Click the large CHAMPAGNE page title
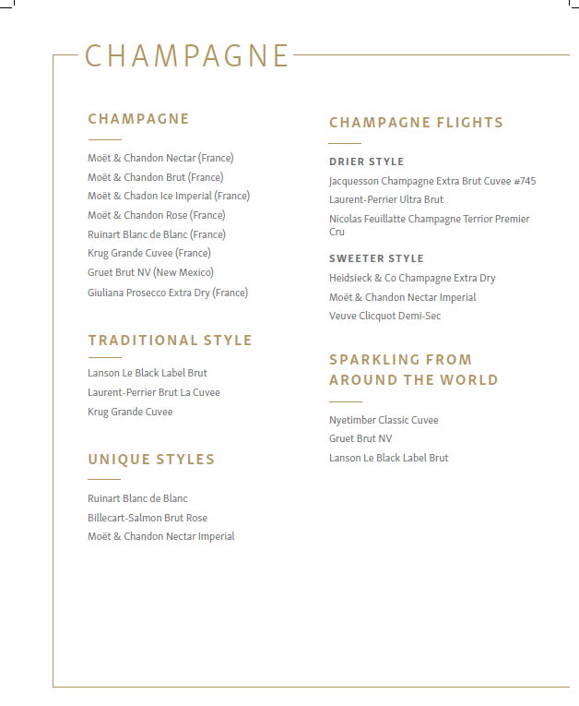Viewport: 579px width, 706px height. click(x=187, y=55)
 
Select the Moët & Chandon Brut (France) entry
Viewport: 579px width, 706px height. click(x=155, y=177)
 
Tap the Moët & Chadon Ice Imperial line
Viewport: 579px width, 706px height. click(x=169, y=196)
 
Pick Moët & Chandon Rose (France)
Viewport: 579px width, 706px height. click(x=156, y=215)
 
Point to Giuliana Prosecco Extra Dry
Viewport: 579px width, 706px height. click(x=168, y=293)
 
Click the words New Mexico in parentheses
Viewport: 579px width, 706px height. click(x=184, y=272)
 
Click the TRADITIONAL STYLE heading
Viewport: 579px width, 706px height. click(x=170, y=341)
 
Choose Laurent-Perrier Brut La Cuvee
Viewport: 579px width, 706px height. click(x=153, y=392)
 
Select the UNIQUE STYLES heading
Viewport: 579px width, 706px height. click(x=151, y=460)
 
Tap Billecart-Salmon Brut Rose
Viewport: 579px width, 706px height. click(x=148, y=518)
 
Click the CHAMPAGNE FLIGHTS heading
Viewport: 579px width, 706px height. click(x=416, y=123)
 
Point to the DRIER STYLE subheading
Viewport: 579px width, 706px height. click(x=366, y=162)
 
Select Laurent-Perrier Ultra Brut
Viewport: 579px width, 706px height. click(x=385, y=199)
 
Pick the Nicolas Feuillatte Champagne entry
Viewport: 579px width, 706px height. click(x=429, y=220)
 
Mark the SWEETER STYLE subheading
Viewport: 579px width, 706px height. click(x=376, y=258)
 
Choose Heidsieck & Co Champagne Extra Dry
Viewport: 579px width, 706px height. click(x=412, y=278)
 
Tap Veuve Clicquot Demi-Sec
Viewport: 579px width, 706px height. click(x=384, y=316)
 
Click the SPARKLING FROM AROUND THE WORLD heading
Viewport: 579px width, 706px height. click(x=413, y=369)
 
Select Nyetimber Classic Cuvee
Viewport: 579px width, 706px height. click(x=384, y=420)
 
